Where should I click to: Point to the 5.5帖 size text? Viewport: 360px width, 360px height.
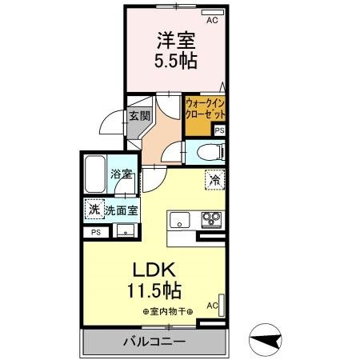(x=176, y=60)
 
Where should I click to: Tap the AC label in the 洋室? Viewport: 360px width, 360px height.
(x=212, y=21)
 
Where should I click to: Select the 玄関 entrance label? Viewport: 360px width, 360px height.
(x=139, y=116)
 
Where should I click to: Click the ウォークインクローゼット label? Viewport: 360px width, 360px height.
(x=204, y=109)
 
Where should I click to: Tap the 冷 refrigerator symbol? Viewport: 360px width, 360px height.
(x=214, y=180)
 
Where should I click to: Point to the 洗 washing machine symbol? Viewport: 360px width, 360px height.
(x=94, y=210)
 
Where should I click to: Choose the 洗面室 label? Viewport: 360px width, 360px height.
(x=121, y=211)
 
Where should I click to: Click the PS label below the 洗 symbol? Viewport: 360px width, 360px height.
(x=96, y=233)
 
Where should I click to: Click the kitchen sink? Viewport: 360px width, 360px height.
(x=178, y=218)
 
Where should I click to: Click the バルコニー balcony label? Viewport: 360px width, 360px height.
(x=154, y=342)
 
